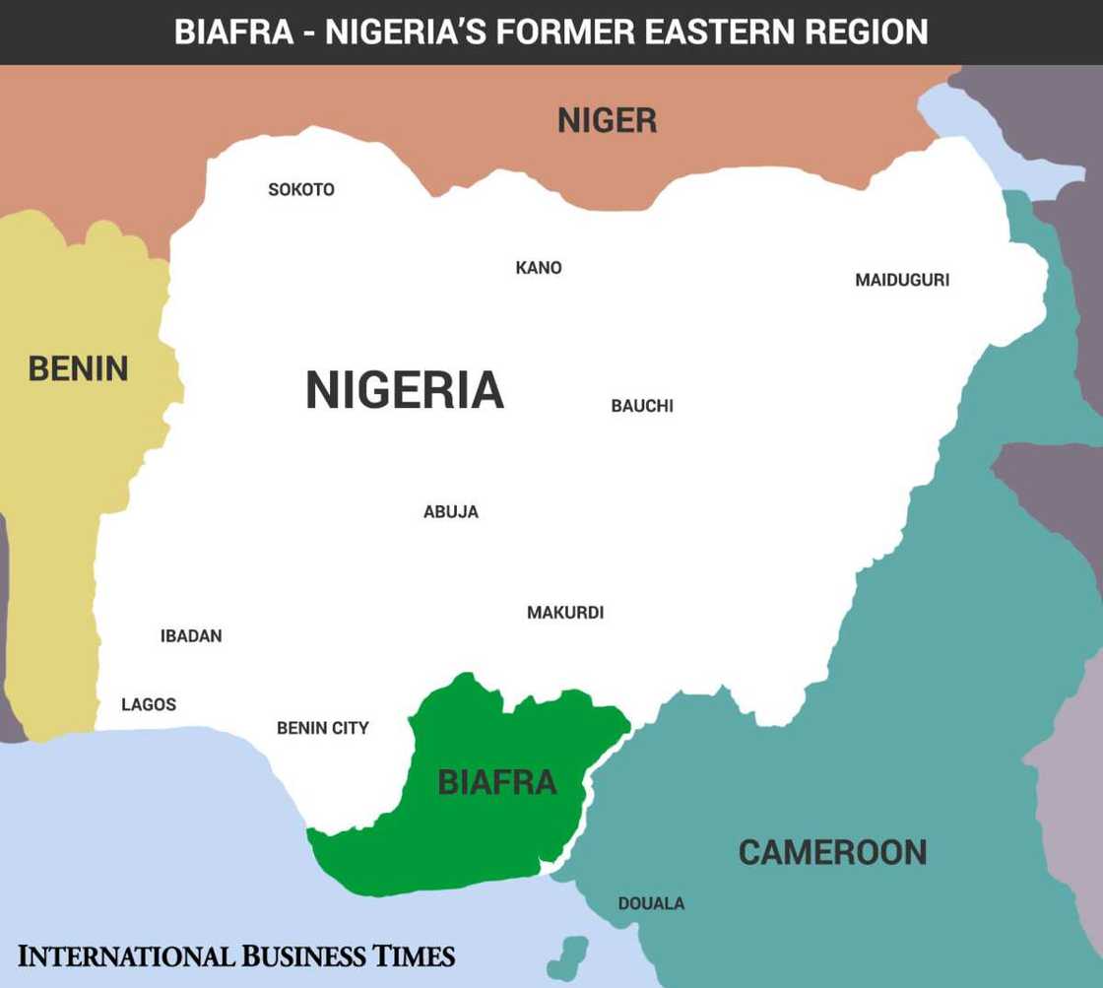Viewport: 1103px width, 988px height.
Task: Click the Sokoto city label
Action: click(x=301, y=189)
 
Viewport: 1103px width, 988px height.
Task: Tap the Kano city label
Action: click(x=539, y=268)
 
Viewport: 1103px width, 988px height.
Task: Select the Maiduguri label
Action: click(x=902, y=280)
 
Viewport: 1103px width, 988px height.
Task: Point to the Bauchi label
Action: click(x=642, y=406)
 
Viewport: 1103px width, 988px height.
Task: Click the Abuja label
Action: click(x=451, y=512)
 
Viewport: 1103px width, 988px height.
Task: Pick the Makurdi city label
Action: click(x=565, y=613)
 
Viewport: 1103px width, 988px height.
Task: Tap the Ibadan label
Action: click(x=191, y=636)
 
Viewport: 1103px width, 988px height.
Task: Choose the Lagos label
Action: click(x=149, y=704)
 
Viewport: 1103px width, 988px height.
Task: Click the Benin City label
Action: click(x=323, y=728)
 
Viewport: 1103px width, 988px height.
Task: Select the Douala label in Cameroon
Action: click(x=651, y=903)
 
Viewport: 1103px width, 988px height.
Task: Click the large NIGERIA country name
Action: click(x=405, y=390)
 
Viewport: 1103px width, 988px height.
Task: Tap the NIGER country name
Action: click(x=607, y=121)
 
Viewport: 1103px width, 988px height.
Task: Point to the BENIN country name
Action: click(x=78, y=369)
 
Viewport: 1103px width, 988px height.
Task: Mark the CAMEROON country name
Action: click(x=832, y=852)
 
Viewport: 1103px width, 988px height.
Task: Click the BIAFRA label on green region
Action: click(x=497, y=782)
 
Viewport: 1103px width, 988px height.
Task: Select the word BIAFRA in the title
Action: click(x=233, y=32)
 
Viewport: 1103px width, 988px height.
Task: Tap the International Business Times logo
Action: click(x=236, y=955)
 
